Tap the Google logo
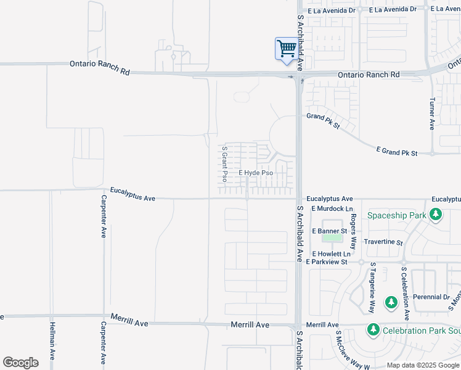pos(20,363)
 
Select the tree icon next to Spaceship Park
pos(436,215)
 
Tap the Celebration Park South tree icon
pos(373,331)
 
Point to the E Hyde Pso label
pos(256,173)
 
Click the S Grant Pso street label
pos(225,165)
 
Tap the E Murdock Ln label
pos(331,208)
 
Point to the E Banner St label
pos(330,231)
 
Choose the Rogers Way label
pos(354,229)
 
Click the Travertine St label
pos(383,243)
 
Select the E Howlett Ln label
pos(332,253)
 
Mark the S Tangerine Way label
pos(372,279)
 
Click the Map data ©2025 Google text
pos(423,365)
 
